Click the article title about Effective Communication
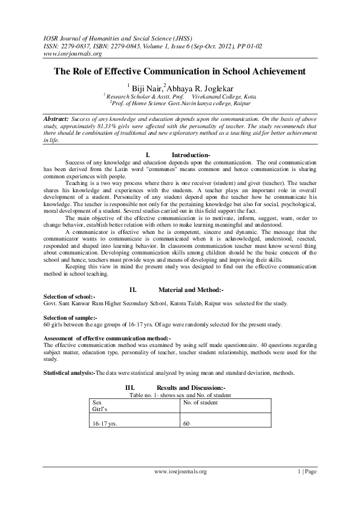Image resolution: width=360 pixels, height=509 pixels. pyautogui.click(x=180, y=71)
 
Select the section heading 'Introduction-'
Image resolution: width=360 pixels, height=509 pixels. pyautogui.click(x=191, y=155)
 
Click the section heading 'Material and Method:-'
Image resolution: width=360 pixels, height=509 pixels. pyautogui.click(x=191, y=290)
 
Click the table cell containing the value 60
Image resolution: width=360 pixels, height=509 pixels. pyautogui.click(x=186, y=424)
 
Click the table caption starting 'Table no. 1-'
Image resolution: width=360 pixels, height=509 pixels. pyautogui.click(x=180, y=395)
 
